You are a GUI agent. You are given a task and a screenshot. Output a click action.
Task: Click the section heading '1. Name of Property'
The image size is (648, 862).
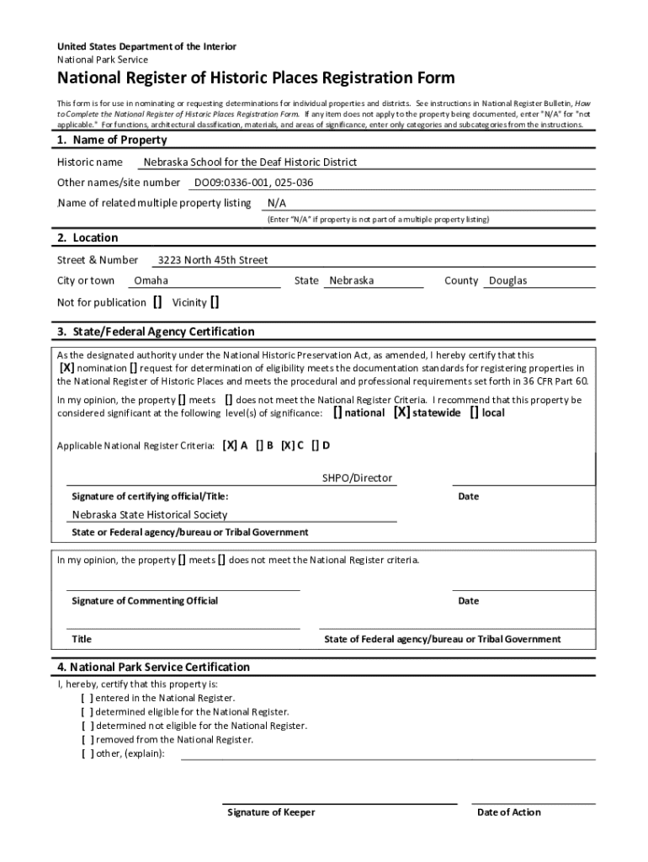(112, 140)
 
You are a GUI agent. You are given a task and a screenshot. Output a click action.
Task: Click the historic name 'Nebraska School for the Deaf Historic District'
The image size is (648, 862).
(250, 162)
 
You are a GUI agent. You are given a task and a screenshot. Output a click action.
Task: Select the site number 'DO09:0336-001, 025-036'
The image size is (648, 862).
(254, 182)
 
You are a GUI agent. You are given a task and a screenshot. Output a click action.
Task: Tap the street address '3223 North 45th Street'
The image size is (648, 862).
(213, 260)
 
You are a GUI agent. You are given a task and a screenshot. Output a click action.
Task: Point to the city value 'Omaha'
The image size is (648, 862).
(151, 280)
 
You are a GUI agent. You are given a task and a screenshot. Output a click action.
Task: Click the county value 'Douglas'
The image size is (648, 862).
(508, 280)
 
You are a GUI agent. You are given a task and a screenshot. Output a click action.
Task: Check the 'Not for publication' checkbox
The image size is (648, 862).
(157, 302)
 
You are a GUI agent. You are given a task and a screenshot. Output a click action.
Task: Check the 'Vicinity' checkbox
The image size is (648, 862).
(215, 302)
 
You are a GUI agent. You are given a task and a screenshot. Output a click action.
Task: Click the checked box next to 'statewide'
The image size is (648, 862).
(402, 412)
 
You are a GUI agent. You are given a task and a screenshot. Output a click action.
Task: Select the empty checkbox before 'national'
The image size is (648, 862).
(337, 412)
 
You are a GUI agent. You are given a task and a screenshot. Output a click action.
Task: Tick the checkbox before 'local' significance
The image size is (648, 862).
(475, 412)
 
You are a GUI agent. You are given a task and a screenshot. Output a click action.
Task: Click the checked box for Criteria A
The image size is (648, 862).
(230, 445)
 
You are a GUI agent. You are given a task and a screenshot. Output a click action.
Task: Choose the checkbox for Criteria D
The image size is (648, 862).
(315, 445)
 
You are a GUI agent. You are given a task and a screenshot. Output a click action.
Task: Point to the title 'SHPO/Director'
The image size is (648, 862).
(357, 478)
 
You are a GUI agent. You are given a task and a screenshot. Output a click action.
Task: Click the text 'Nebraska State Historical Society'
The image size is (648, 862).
(149, 514)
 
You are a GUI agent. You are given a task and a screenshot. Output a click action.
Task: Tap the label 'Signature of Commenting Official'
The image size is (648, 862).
(145, 601)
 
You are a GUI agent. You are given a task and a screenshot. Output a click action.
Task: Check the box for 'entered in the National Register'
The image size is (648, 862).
(88, 698)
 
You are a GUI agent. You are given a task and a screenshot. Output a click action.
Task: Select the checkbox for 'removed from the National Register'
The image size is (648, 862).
(88, 739)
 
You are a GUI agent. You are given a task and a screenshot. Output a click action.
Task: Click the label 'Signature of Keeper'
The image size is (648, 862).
(271, 812)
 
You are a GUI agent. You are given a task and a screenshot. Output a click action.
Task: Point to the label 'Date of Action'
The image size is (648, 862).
(508, 812)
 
